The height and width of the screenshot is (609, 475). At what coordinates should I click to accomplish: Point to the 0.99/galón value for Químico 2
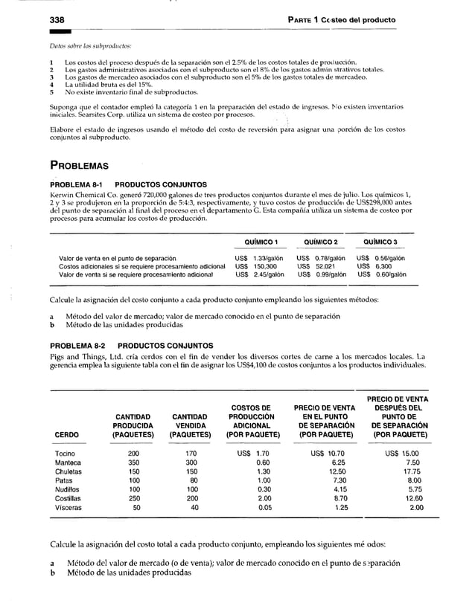point(323,274)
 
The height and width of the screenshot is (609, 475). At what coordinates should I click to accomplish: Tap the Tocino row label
point(66,453)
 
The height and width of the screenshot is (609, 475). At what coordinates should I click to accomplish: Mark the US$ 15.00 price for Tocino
point(401,453)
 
